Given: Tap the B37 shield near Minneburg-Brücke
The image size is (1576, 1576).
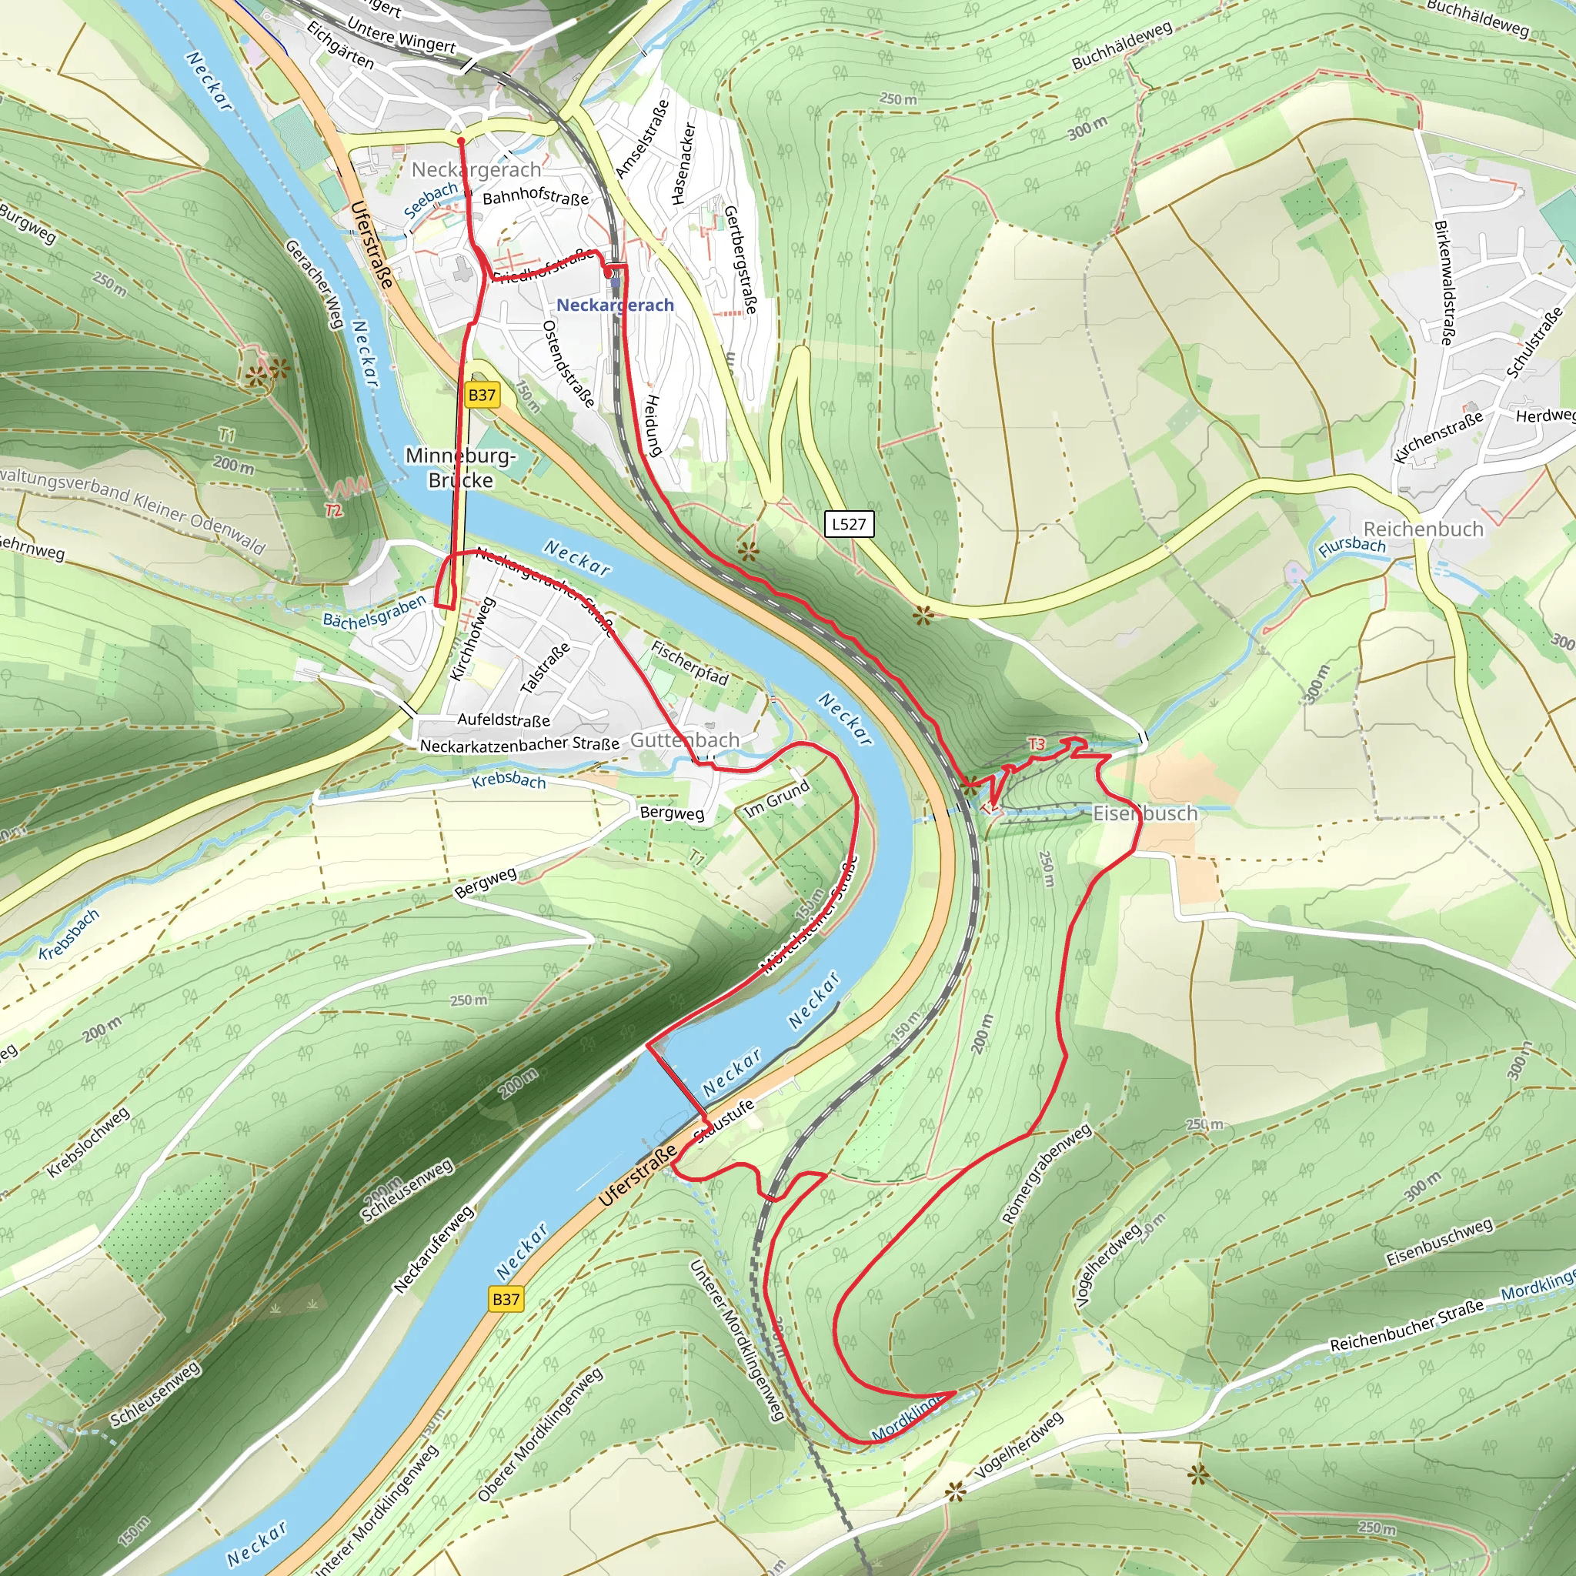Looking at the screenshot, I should [481, 396].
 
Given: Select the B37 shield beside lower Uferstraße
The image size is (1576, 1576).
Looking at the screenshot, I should [506, 1299].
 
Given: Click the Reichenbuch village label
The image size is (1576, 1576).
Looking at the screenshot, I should [1424, 529].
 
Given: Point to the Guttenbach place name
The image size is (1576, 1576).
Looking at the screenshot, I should [685, 740].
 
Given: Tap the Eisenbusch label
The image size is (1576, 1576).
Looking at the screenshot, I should [1145, 813].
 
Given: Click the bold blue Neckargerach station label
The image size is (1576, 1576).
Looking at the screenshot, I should [615, 305].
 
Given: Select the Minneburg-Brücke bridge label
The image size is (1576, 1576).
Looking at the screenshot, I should [461, 467].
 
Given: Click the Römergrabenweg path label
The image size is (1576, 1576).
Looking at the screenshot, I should [1047, 1174].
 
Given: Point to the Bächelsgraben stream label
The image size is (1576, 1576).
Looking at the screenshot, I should [375, 611].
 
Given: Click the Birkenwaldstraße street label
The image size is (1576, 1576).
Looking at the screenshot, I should [1444, 282].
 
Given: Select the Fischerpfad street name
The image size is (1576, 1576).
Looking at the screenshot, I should [689, 662].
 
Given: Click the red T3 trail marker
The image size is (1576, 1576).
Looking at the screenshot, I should [1036, 744].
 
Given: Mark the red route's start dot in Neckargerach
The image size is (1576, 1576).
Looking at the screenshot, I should [461, 141].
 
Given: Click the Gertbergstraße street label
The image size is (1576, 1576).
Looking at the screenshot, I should [740, 259].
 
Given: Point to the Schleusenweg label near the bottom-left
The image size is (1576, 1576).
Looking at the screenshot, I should [155, 1394].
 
